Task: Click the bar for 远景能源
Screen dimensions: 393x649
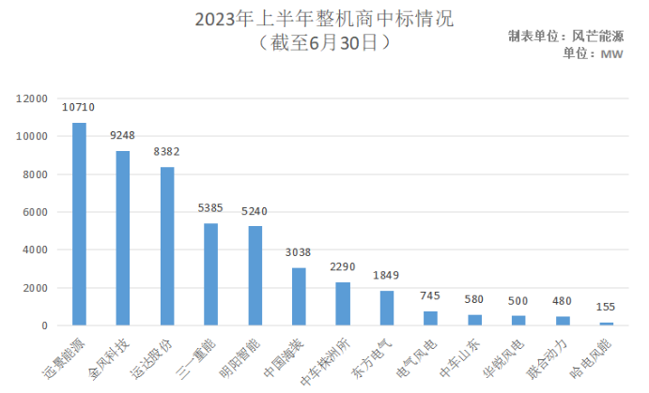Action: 79,224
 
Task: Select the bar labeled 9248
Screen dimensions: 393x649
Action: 123,238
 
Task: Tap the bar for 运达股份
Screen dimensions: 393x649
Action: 167,246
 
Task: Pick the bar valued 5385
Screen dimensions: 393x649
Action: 211,274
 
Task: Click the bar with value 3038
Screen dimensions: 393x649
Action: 299,296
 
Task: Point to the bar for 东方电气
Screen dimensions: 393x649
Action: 387,308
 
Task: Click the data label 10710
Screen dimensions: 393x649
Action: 79,109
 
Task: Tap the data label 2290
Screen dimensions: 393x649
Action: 343,267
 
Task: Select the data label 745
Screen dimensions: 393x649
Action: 431,296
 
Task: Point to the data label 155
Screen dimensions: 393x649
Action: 606,308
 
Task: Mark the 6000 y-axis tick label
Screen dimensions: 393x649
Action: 35,212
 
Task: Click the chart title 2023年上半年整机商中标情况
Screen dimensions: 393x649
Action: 323,19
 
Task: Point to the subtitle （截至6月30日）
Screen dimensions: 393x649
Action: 323,42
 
